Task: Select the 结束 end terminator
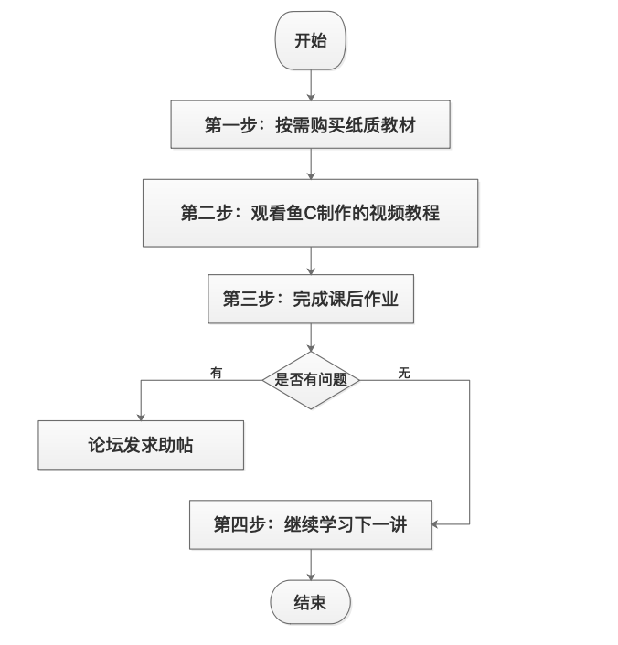310,602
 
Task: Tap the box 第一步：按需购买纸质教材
310,124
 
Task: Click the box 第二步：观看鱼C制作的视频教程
310,213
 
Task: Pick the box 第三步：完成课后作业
310,299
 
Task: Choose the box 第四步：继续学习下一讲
310,524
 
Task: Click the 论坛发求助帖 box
141,445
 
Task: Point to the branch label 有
216,373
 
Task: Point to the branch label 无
404,373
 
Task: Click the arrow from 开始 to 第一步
311,85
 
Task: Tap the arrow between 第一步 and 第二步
311,164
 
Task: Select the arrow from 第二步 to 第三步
311,260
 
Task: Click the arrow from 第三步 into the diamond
311,337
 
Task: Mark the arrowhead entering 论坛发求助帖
141,415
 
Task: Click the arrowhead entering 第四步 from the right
436,524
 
